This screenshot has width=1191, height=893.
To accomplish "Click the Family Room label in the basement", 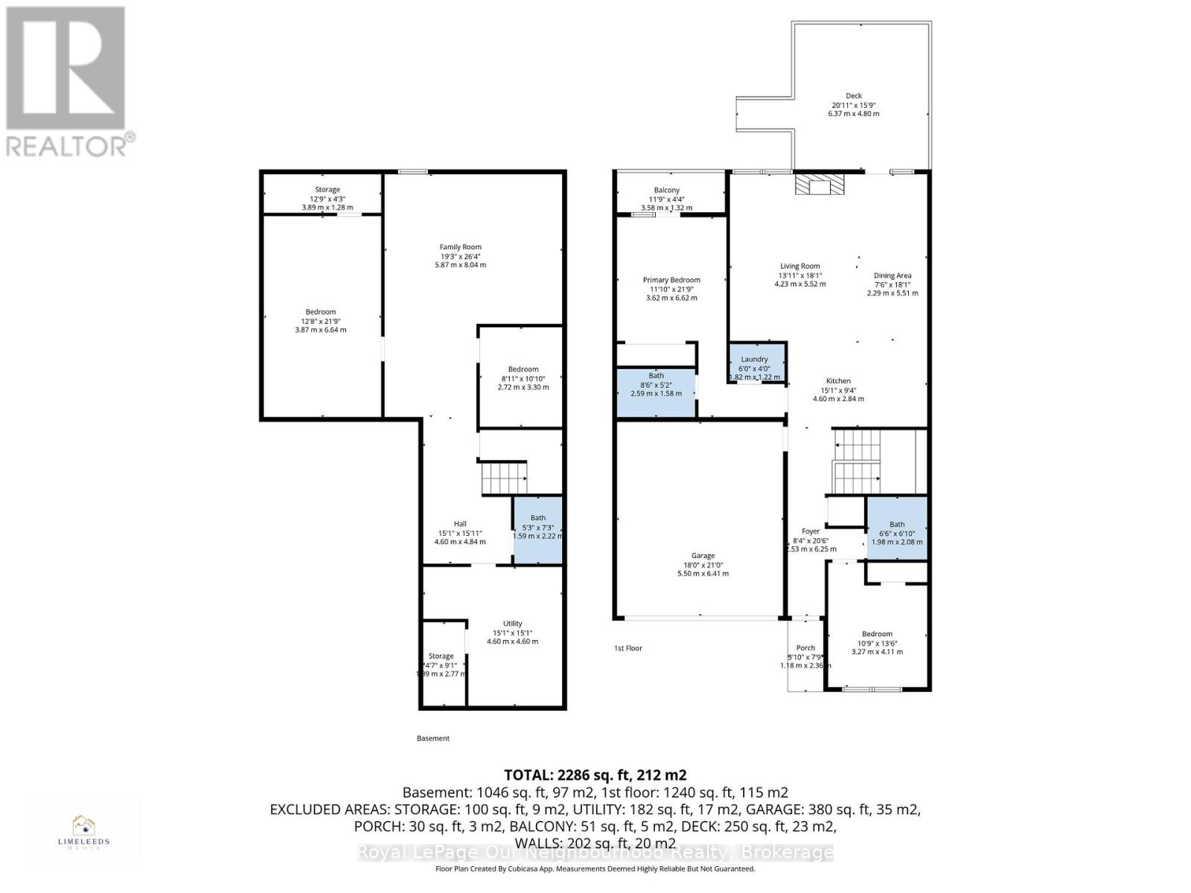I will (x=460, y=247).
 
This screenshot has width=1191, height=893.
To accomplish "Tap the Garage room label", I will (x=703, y=556).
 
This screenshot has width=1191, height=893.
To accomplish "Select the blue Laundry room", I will (x=756, y=362).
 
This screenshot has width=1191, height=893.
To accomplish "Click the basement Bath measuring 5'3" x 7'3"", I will (x=537, y=530).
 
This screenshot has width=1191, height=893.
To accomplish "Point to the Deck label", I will (x=854, y=96).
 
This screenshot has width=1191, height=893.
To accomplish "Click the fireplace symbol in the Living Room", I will (x=820, y=185).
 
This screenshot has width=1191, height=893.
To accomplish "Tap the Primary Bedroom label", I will (x=671, y=281).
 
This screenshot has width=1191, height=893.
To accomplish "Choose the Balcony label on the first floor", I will (x=666, y=191).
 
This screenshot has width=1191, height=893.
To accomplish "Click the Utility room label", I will (x=512, y=624).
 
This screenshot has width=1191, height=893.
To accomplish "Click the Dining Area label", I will (x=892, y=275).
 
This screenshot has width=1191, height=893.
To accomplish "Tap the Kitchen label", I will (x=838, y=381).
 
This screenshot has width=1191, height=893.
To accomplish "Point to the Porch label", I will (x=805, y=648).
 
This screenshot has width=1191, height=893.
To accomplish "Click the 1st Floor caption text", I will (x=628, y=648).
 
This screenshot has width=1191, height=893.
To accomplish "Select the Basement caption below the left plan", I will (x=432, y=738).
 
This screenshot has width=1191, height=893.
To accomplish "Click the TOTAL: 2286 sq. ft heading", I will (x=595, y=775).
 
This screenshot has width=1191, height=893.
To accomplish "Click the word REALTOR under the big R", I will (x=67, y=145).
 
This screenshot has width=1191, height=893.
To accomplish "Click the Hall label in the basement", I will (x=460, y=524).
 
